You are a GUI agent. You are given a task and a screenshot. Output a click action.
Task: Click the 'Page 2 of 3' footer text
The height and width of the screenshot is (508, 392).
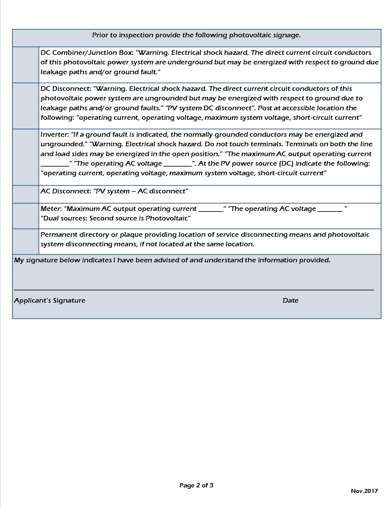196,486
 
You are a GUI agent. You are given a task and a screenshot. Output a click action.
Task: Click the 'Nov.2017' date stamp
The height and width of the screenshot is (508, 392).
364,491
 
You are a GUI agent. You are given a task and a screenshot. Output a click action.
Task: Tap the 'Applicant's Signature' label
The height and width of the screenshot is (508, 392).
50,300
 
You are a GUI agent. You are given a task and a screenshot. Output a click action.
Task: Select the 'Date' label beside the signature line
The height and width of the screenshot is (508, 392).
290,300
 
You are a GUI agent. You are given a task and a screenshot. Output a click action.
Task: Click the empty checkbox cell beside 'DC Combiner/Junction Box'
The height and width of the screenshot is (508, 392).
26,65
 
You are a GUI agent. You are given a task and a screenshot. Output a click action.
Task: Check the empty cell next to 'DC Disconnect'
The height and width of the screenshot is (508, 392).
26,106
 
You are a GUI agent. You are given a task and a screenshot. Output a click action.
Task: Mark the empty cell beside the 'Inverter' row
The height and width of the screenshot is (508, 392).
26,157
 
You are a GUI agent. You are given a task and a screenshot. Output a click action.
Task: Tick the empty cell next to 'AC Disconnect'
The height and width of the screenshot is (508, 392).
26,194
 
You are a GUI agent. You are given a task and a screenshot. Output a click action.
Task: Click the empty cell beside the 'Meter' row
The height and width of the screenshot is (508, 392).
26,216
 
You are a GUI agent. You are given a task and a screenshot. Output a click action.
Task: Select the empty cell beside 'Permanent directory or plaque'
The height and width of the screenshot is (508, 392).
26,241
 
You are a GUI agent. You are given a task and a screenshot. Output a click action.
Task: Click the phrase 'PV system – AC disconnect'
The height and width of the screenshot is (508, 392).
141,191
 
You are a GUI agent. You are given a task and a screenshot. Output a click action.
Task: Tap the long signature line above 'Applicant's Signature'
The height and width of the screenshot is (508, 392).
194,290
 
